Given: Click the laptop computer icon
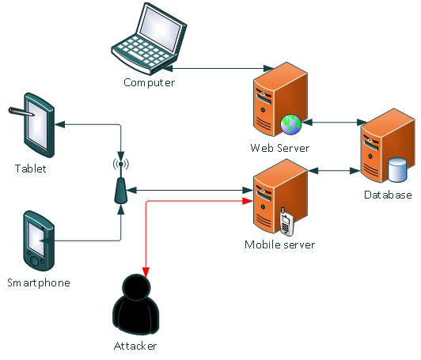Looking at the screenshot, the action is pos(149,39).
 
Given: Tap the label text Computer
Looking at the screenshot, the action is pos(150,83).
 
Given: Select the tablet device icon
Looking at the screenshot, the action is pos(40,125).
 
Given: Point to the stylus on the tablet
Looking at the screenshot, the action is pos(21,112).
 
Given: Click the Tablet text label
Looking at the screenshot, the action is pos(31,169).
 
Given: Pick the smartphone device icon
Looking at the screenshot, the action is pos(39,241).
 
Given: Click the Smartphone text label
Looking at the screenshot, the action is pos(39,283).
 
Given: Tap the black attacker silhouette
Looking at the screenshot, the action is pos(136,304).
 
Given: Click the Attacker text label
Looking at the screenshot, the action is pos(135,346).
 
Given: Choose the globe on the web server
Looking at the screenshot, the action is pos(290,124).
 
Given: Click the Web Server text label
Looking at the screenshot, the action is pos(280,148).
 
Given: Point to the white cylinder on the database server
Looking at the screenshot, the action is pos(397,169).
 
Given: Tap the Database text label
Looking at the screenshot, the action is pos(388,195).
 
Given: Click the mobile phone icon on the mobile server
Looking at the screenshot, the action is pos(286,222).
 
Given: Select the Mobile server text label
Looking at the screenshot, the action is pos(280,244).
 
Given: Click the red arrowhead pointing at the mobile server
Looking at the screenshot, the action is pos(247,201).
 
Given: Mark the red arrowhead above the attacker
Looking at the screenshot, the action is pos(146,271).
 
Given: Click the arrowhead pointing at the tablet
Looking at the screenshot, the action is pos(60,124).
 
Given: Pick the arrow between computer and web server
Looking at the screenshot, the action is pos(218,69).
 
